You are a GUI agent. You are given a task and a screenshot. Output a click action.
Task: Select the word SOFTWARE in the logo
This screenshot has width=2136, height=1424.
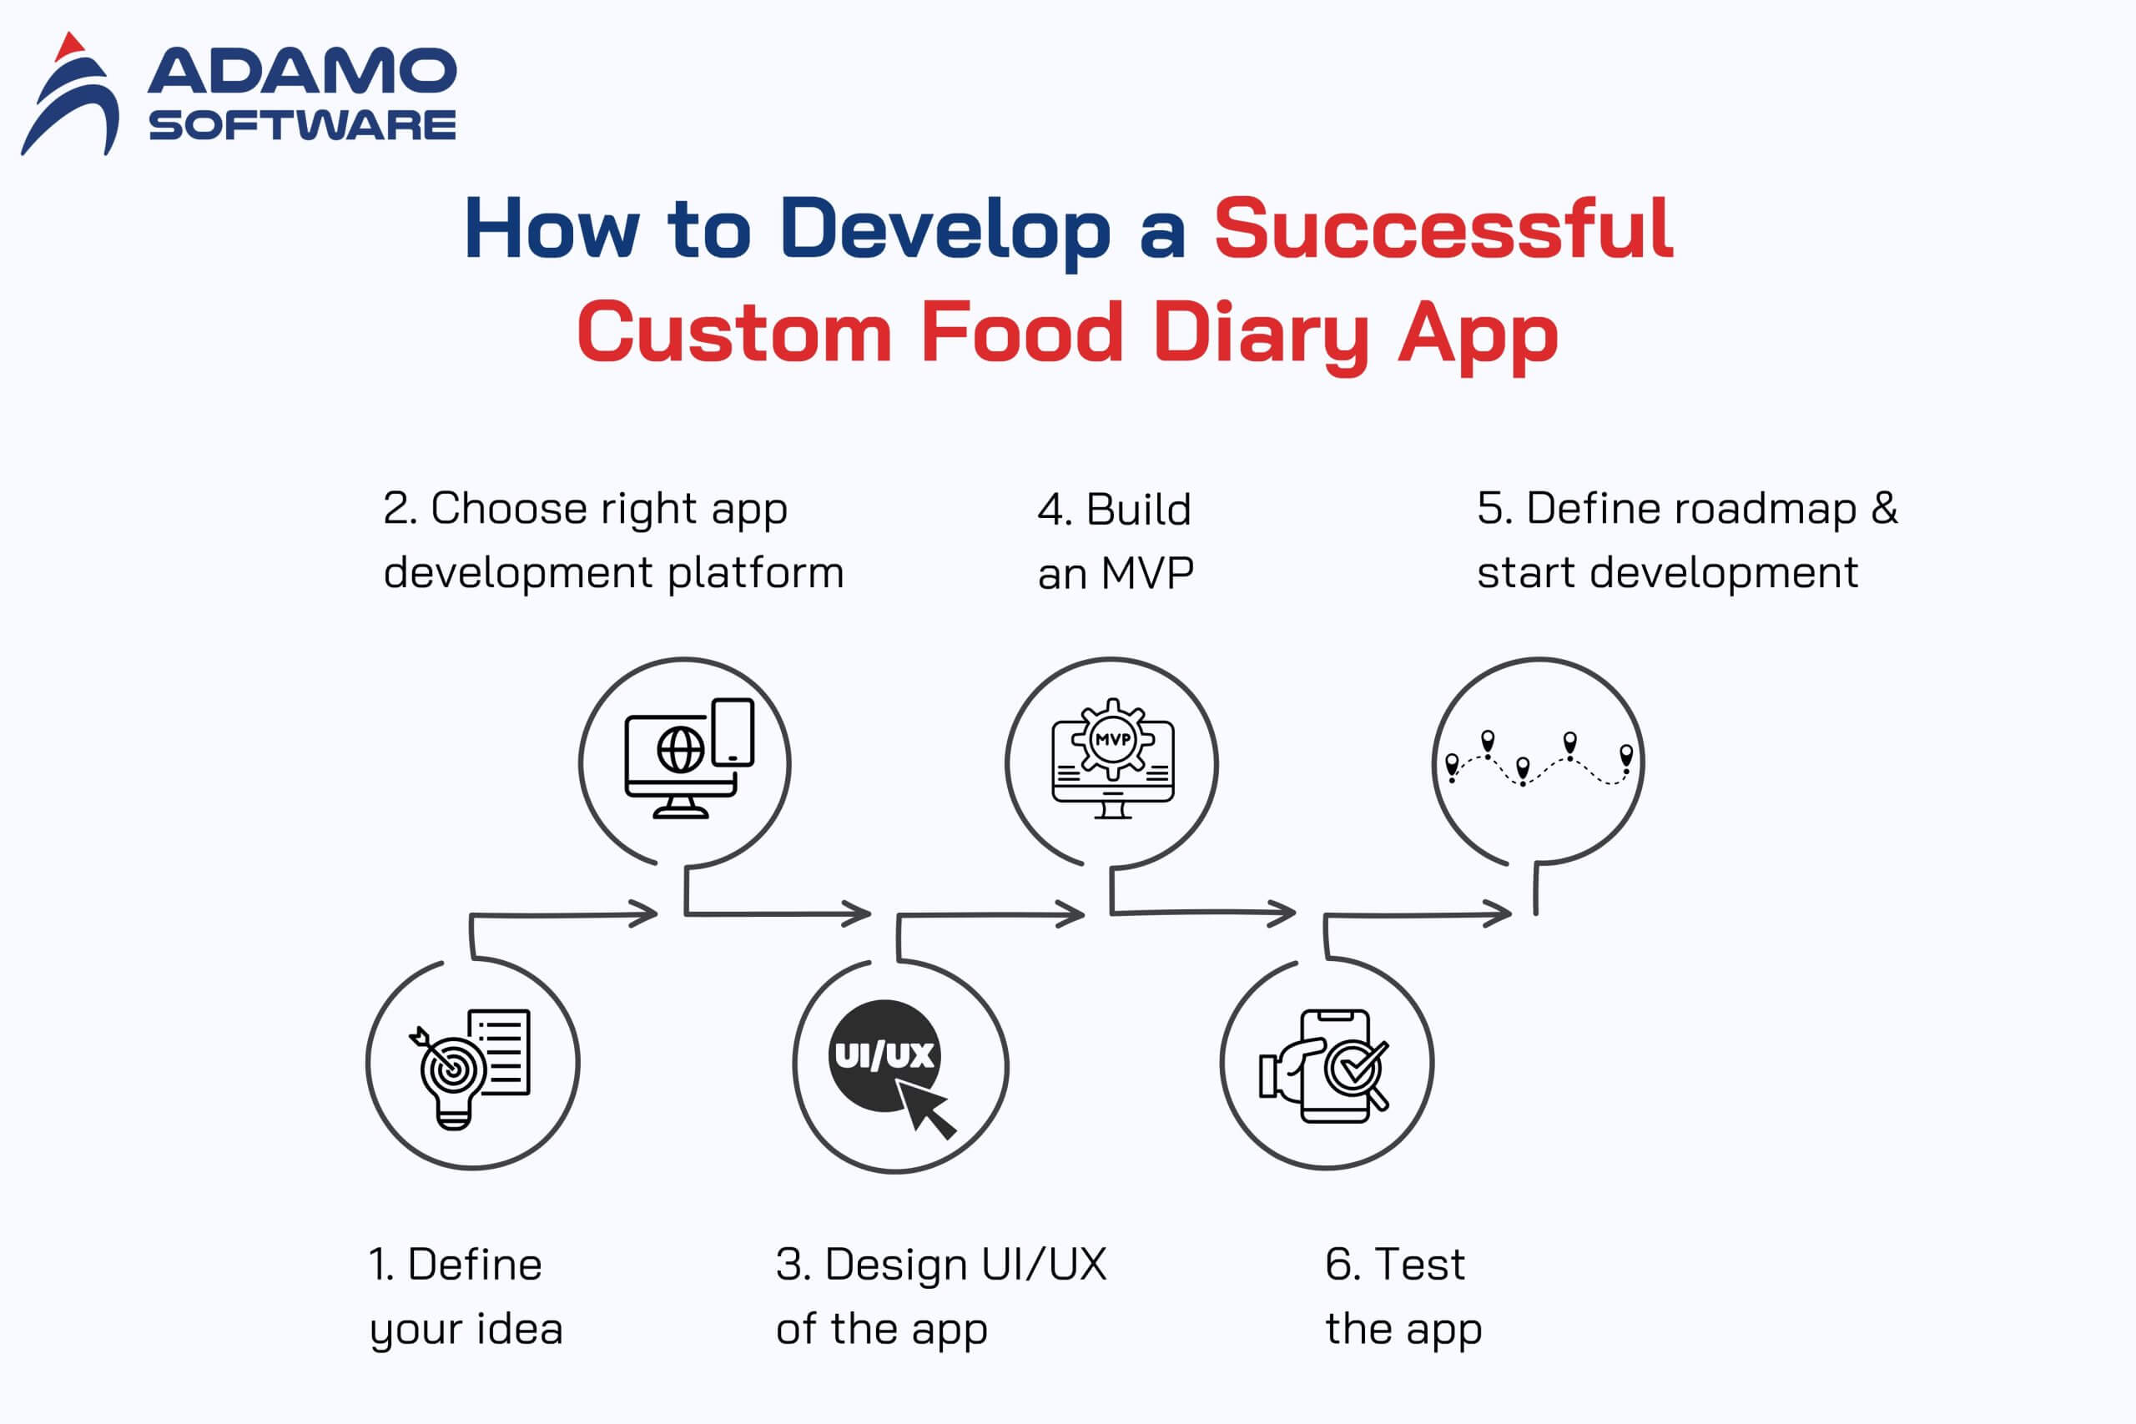pyautogui.click(x=302, y=125)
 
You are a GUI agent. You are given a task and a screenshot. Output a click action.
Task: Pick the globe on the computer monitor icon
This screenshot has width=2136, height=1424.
pyautogui.click(x=680, y=751)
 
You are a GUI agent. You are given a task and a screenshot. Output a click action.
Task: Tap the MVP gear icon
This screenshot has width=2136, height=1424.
pyautogui.click(x=1112, y=739)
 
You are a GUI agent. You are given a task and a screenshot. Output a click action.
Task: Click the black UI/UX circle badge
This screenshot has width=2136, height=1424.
pyautogui.click(x=884, y=1055)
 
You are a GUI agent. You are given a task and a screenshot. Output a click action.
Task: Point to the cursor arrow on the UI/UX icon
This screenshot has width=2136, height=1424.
pyautogui.click(x=926, y=1108)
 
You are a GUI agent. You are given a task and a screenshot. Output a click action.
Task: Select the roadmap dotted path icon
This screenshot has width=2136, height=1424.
pyautogui.click(x=1539, y=758)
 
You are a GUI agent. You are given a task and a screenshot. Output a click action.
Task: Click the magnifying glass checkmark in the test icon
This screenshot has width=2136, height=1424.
pyautogui.click(x=1358, y=1073)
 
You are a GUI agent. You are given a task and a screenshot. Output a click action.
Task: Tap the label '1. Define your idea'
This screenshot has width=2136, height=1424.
pyautogui.click(x=466, y=1296)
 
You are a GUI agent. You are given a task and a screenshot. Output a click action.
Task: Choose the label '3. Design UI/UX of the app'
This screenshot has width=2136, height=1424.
pyautogui.click(x=941, y=1296)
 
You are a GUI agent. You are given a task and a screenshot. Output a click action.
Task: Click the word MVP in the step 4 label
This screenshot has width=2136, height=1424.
pyautogui.click(x=1148, y=574)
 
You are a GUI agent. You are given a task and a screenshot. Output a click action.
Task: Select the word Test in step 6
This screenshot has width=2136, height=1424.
pyautogui.click(x=1419, y=1264)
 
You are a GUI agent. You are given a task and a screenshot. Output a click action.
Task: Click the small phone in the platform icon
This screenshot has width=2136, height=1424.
pyautogui.click(x=733, y=732)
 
